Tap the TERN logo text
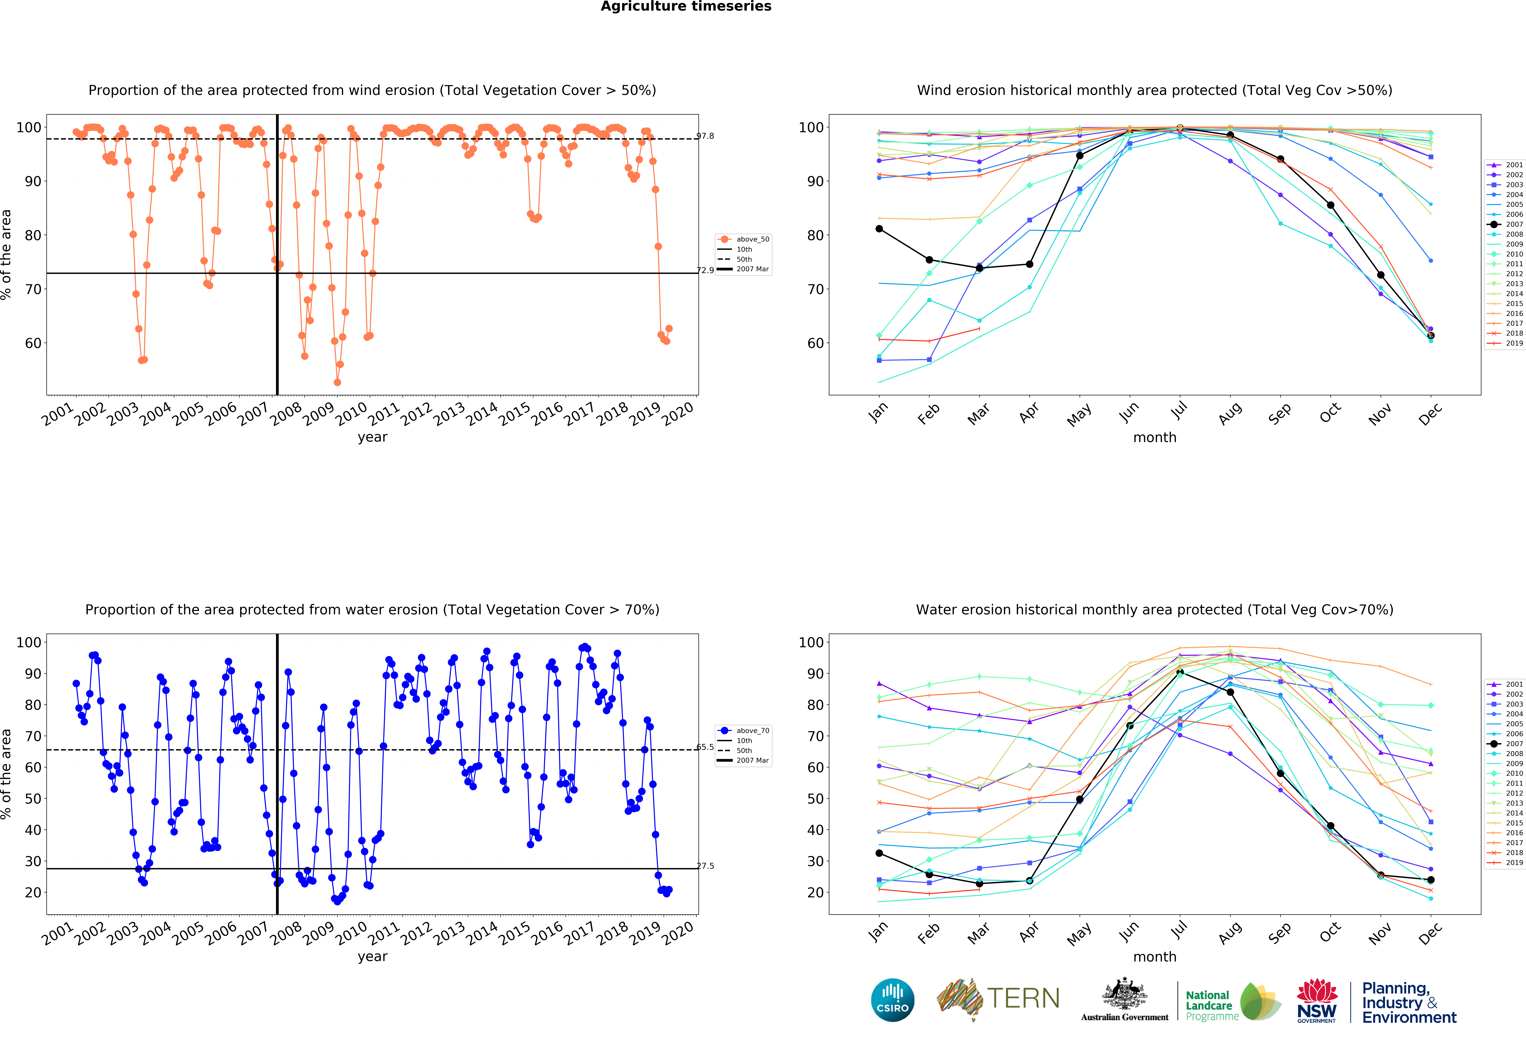pos(1023,999)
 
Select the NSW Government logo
pos(1316,1001)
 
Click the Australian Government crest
pos(1125,996)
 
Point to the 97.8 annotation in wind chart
pos(705,136)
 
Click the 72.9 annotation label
pos(705,270)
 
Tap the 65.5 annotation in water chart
pos(705,747)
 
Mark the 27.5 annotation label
pos(705,865)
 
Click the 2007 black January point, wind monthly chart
pos(879,228)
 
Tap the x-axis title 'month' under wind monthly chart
pos(1154,437)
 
